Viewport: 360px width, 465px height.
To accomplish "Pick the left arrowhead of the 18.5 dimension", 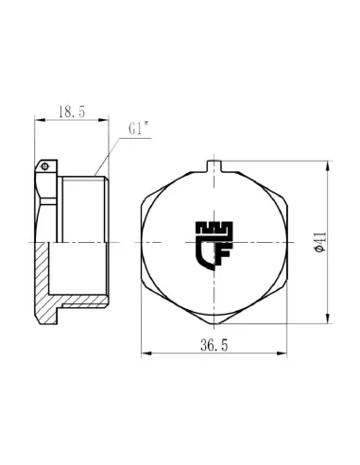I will tap(39, 120).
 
